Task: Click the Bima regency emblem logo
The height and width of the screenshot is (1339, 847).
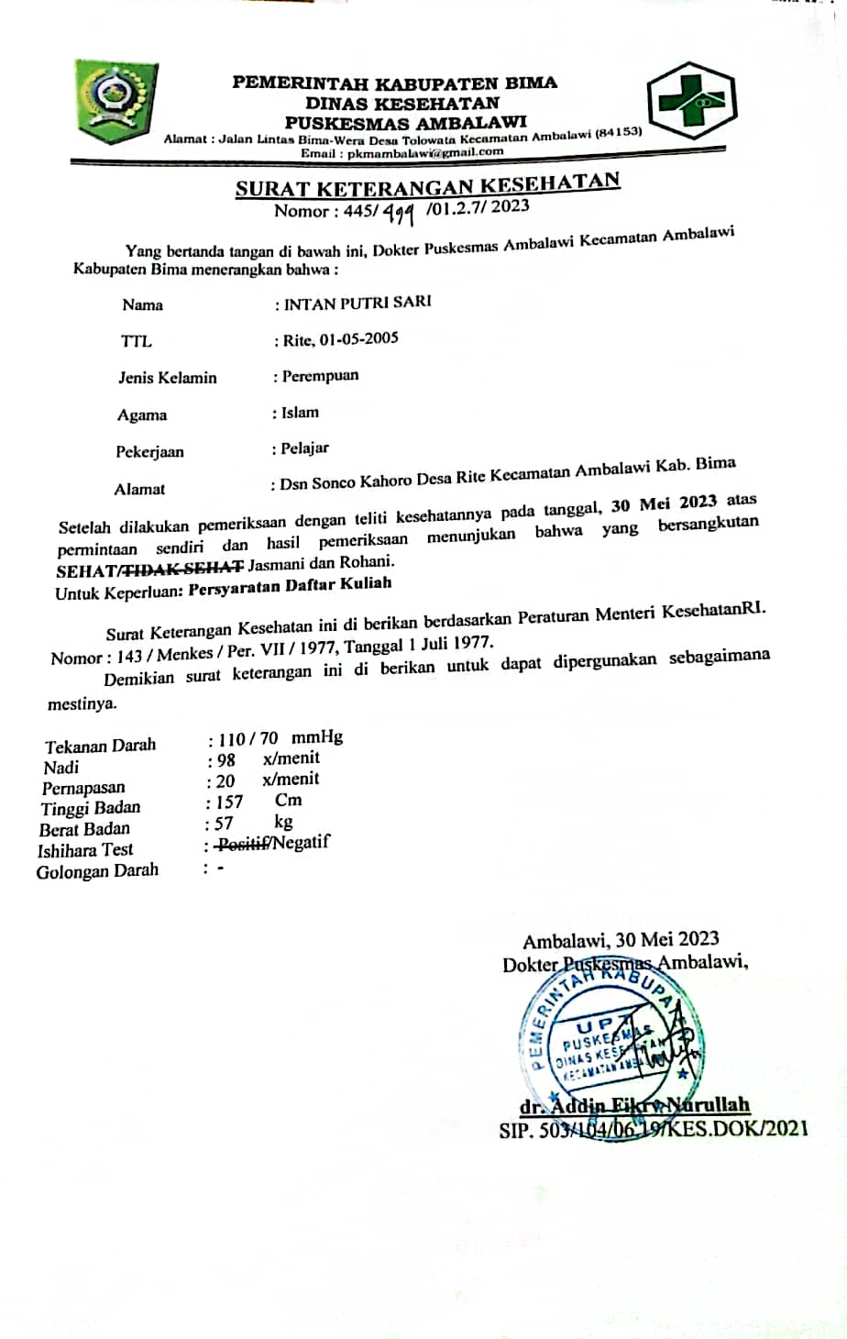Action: click(116, 98)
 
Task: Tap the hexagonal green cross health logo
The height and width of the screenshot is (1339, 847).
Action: click(691, 101)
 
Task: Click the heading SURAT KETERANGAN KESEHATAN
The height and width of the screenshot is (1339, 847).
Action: click(427, 186)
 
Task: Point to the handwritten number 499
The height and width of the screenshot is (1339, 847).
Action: click(399, 214)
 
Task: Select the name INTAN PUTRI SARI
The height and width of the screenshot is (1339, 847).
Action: click(357, 303)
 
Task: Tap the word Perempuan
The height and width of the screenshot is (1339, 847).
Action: click(320, 376)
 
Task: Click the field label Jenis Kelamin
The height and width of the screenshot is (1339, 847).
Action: click(168, 378)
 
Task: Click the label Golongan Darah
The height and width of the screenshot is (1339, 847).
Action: click(97, 871)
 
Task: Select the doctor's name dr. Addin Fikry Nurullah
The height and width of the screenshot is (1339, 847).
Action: click(633, 1105)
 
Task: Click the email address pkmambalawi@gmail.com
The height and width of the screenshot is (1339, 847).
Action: click(427, 153)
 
